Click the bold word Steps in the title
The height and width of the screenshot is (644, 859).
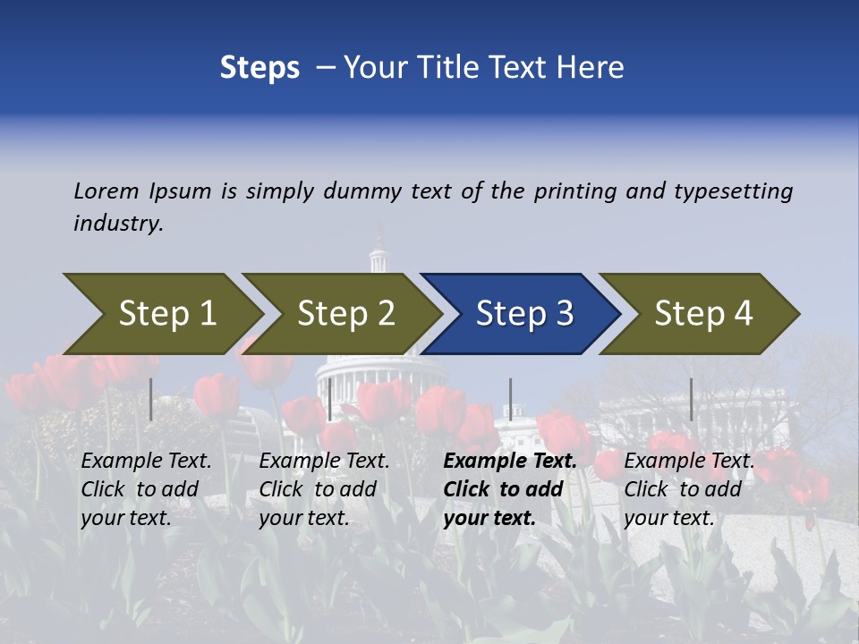pyautogui.click(x=259, y=68)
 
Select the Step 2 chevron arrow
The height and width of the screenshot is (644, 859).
pyautogui.click(x=345, y=313)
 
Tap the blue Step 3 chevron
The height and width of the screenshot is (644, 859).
pyautogui.click(x=524, y=313)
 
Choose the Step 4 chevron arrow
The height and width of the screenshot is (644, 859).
pyautogui.click(x=703, y=313)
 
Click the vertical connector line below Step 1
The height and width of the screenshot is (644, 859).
pyautogui.click(x=151, y=399)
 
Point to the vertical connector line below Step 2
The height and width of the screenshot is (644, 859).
pyautogui.click(x=330, y=399)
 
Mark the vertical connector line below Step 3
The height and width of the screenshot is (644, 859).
pyautogui.click(x=510, y=399)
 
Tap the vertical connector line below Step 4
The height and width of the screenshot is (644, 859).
pyautogui.click(x=691, y=399)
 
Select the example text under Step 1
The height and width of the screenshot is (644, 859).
pyautogui.click(x=145, y=489)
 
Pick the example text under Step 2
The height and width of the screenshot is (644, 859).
pyautogui.click(x=323, y=489)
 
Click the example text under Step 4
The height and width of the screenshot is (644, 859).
pyautogui.click(x=688, y=489)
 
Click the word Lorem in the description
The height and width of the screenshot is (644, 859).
pyautogui.click(x=106, y=191)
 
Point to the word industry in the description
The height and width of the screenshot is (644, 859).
pyautogui.click(x=118, y=223)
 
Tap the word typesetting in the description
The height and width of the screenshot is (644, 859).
pyautogui.click(x=733, y=191)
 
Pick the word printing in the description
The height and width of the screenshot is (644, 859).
pyautogui.click(x=575, y=191)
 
